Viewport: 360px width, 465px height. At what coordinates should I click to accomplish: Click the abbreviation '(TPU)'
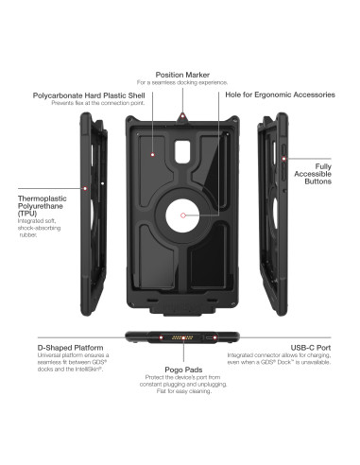(x=28, y=214)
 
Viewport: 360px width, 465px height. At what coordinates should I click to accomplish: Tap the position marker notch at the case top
(x=180, y=113)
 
